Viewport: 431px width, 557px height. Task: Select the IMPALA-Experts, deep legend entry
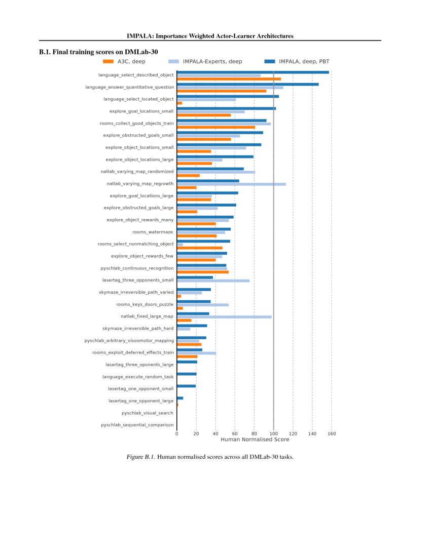pyautogui.click(x=205, y=61)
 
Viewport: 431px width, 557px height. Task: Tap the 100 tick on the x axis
pyautogui.click(x=273, y=433)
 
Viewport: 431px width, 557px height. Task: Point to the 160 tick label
pyautogui.click(x=332, y=433)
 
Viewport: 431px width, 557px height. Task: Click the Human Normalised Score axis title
pyautogui.click(x=255, y=440)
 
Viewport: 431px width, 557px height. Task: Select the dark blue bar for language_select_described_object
pyautogui.click(x=253, y=72)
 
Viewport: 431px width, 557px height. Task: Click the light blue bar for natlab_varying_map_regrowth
pyautogui.click(x=231, y=184)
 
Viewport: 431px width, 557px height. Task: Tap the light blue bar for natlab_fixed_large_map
pyautogui.click(x=224, y=316)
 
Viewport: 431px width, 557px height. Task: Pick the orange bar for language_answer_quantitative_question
pyautogui.click(x=222, y=91)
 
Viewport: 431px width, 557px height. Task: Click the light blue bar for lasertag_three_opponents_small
pyautogui.click(x=213, y=281)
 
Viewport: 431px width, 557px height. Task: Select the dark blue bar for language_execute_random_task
pyautogui.click(x=187, y=374)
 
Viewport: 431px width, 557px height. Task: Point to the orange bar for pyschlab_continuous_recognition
pyautogui.click(x=203, y=272)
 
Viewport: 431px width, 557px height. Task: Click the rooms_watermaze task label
pyautogui.click(x=153, y=232)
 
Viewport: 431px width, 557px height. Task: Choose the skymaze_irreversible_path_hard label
pyautogui.click(x=138, y=329)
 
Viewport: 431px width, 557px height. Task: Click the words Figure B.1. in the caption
pyautogui.click(x=140, y=457)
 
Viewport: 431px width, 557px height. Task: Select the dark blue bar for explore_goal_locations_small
pyautogui.click(x=226, y=108)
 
